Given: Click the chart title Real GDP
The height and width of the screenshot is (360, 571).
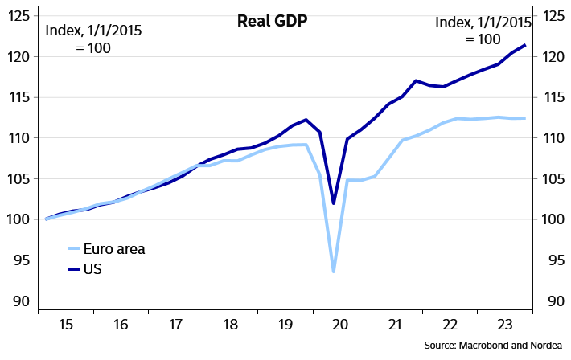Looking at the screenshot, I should tap(273, 21).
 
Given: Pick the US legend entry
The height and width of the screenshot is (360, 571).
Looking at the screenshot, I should tap(92, 269).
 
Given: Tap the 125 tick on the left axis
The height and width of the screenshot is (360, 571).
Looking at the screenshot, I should tap(20, 16).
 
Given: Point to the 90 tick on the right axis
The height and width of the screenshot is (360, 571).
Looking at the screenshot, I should tap(553, 301).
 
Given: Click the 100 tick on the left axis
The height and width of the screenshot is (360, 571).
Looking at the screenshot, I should tap(20, 219).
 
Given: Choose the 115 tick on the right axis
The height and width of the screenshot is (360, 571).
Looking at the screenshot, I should tap(553, 97).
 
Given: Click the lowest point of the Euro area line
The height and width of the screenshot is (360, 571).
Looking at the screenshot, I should tap(333, 272).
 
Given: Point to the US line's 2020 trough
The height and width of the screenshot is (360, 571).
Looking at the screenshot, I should tap(333, 203).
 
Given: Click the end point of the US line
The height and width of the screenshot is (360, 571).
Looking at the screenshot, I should tap(525, 45).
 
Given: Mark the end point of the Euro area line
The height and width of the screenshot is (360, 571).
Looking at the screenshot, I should tap(525, 118).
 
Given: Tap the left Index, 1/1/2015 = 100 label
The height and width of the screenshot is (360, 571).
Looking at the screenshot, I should tap(93, 39).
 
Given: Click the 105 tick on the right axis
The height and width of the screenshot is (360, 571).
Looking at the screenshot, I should tap(553, 178).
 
